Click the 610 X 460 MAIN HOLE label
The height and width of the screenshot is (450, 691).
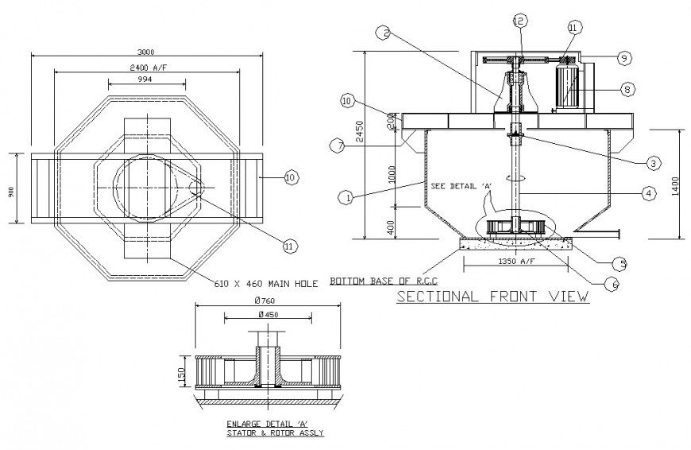pyautogui.click(x=266, y=282)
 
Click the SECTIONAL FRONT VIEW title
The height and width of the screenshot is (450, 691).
pyautogui.click(x=492, y=297)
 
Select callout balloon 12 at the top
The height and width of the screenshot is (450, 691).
pyautogui.click(x=519, y=20)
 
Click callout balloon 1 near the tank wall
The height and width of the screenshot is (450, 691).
pyautogui.click(x=344, y=195)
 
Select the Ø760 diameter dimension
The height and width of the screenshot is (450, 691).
pyautogui.click(x=266, y=301)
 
